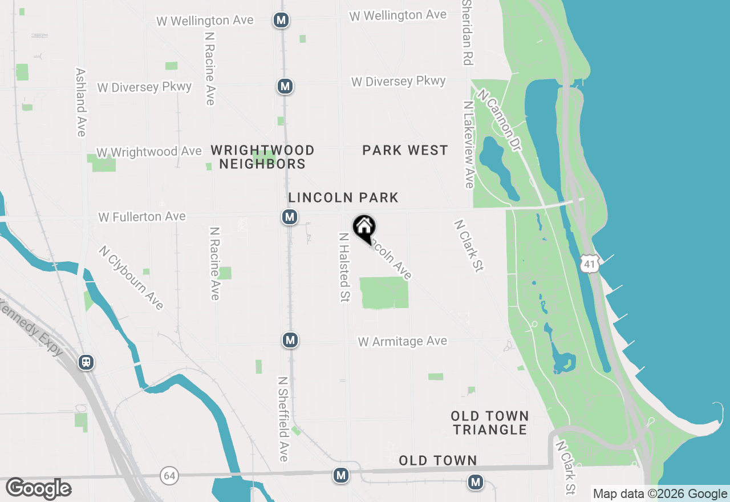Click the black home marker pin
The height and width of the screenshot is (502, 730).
point(364,228)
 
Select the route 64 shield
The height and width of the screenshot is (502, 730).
point(169,475)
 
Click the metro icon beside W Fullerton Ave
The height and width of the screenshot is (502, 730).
point(290,217)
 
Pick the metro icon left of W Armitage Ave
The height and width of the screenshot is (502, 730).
point(290,340)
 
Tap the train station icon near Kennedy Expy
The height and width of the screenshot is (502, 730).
point(86,362)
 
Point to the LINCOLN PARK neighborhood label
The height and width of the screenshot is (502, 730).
point(343,197)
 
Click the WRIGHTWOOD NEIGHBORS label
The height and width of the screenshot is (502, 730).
point(262,157)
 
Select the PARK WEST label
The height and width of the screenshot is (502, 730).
point(405,150)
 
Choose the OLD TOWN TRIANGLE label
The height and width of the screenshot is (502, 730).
point(490,423)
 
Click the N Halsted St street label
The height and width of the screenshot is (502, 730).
point(344,267)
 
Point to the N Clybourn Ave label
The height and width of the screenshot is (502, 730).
point(131,277)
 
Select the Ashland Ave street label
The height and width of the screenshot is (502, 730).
point(80,103)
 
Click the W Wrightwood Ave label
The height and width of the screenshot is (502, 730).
point(149,152)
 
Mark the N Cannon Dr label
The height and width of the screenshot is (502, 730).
point(500,120)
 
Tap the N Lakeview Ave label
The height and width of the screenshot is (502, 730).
point(469,145)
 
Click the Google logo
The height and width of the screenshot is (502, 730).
point(39,488)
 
